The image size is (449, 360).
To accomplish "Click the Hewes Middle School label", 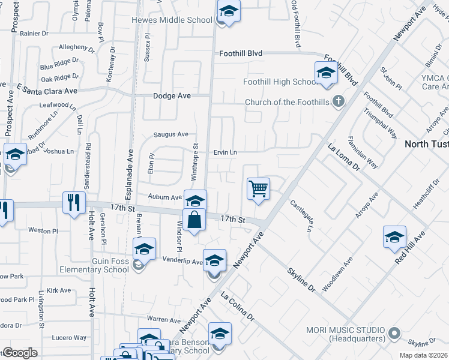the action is (172, 20).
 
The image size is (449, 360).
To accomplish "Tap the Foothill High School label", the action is (280, 82).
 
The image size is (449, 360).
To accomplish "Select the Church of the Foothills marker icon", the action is (339, 101).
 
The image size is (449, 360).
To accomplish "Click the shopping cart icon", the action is (258, 189).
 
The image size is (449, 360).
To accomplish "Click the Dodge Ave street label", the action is (172, 96).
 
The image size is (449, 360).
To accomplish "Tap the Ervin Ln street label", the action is (225, 152).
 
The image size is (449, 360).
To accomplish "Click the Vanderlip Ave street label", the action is (183, 260).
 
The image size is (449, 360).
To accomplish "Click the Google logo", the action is (20, 352).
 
